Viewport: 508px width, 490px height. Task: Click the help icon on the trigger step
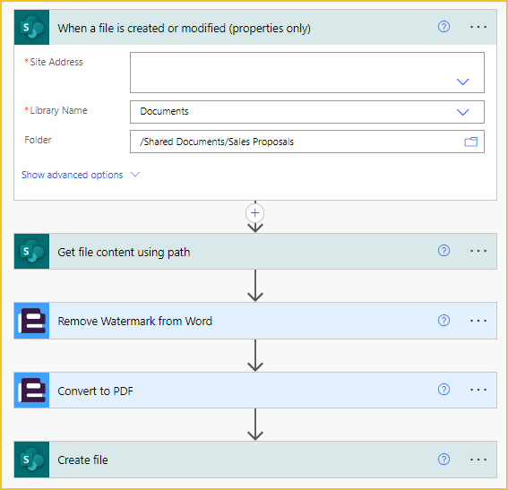click(443, 27)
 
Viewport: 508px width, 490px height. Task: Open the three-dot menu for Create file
click(478, 460)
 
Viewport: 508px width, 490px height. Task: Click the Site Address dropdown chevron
click(462, 82)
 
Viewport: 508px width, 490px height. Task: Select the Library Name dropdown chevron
click(462, 112)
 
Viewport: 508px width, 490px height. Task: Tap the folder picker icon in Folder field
click(470, 142)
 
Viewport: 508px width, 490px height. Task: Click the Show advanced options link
click(73, 175)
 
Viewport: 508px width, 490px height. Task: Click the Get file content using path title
click(124, 252)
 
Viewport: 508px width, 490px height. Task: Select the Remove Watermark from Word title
click(134, 321)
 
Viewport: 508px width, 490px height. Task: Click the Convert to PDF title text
click(95, 391)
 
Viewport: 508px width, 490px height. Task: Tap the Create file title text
click(82, 460)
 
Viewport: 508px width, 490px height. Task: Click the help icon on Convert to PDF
click(443, 390)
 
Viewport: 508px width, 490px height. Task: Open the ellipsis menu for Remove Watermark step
click(478, 321)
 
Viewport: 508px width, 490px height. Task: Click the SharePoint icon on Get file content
click(31, 252)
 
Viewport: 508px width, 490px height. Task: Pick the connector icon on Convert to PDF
click(31, 391)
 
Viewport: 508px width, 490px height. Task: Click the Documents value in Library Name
click(164, 111)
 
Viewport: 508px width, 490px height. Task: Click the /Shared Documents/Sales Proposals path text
click(217, 142)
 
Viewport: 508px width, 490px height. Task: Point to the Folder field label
click(38, 140)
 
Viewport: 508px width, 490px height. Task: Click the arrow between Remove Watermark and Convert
click(255, 356)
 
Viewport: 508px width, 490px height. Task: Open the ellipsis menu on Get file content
click(478, 251)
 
